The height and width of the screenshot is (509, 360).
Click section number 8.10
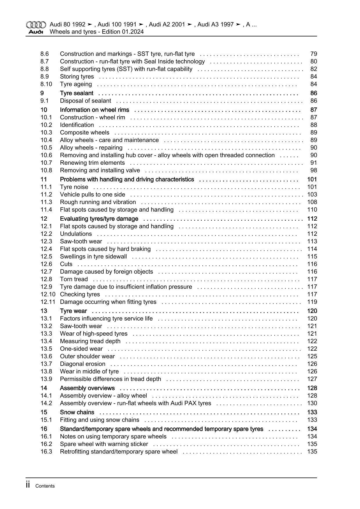pos(46,84)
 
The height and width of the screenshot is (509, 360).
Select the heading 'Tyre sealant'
pos(77,93)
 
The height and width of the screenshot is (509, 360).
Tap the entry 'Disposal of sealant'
pos(85,101)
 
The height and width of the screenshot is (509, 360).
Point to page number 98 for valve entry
pos(314,170)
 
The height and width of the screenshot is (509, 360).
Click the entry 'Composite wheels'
pos(84,133)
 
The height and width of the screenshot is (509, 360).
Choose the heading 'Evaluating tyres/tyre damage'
pos(99,219)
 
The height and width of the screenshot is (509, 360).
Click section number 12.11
pos(48,302)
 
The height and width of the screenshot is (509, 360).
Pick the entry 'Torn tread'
pos(74,279)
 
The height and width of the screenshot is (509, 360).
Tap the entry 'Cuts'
pos(66,264)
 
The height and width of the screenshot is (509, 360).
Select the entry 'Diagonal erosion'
pos(82,364)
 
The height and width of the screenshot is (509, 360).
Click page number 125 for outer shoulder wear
pos(312,357)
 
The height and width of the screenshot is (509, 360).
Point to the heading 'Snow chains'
pos(77,412)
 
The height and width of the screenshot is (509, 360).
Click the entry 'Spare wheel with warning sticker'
pos(104,444)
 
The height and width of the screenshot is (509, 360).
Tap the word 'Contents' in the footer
pos(45,486)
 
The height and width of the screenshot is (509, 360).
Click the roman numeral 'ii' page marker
pos(28,485)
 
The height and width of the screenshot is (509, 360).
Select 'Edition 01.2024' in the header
pos(123,32)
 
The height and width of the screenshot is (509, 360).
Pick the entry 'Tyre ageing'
pos(76,84)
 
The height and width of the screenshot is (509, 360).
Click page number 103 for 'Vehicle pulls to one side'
pos(312,195)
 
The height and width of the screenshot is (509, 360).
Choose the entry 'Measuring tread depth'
pos(90,341)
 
